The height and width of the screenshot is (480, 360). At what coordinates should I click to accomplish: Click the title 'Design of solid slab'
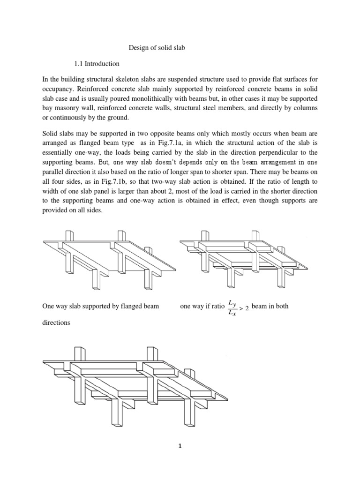point(157,48)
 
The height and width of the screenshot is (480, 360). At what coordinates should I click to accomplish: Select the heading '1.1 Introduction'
point(97,64)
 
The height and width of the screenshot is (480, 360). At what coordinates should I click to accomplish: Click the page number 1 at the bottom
point(180,446)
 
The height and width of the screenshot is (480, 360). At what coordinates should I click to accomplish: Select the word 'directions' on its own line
point(56,322)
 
